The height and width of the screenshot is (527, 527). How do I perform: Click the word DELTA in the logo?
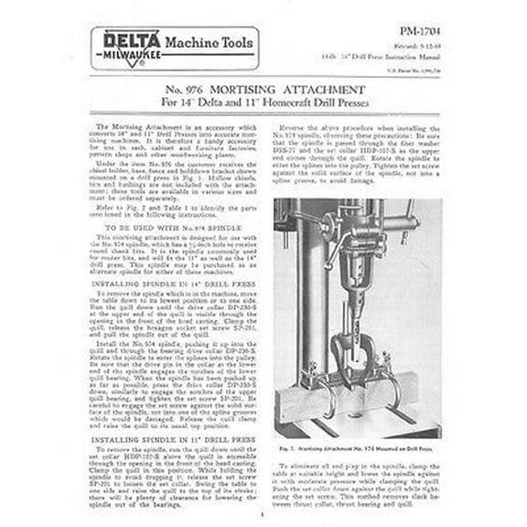[132, 40]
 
